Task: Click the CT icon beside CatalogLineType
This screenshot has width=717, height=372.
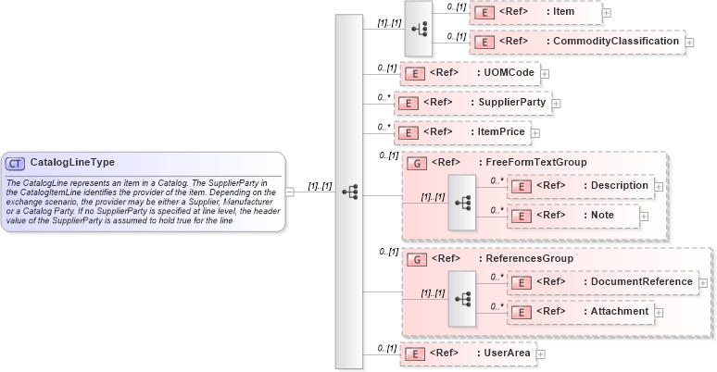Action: coord(16,163)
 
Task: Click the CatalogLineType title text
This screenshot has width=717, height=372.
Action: coord(72,163)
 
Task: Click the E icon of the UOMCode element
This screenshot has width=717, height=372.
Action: coord(417,72)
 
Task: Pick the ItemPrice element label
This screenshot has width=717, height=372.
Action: coord(501,132)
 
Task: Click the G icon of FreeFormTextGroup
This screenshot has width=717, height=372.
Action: coord(418,163)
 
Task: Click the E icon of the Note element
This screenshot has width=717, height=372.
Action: coord(522,215)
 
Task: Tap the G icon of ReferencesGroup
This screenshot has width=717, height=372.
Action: coord(418,260)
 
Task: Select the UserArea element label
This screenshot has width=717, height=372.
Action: coord(501,353)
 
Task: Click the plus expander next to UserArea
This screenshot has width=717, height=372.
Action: coord(541,354)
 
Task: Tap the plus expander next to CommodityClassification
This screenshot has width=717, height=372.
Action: coord(690,43)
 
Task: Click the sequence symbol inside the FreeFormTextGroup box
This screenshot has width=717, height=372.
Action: coord(461,200)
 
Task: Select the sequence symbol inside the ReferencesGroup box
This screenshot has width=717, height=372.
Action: coord(461,296)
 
